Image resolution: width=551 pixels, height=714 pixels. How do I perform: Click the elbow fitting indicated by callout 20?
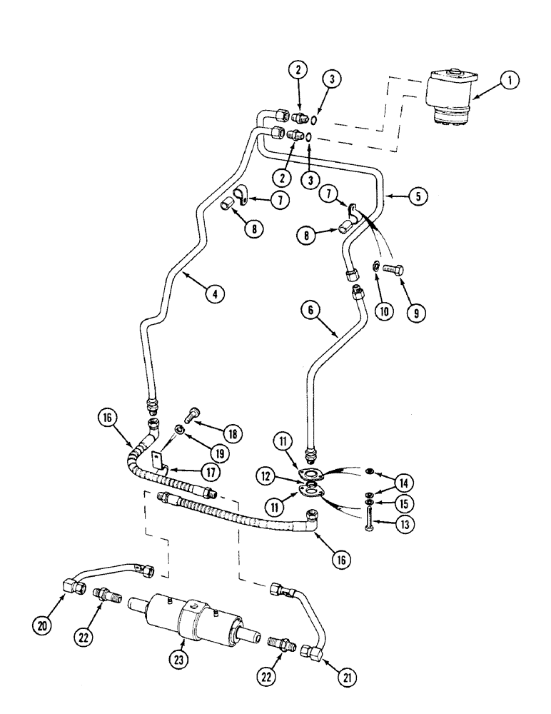click(x=74, y=586)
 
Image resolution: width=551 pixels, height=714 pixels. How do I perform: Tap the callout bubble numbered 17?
click(x=210, y=472)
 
